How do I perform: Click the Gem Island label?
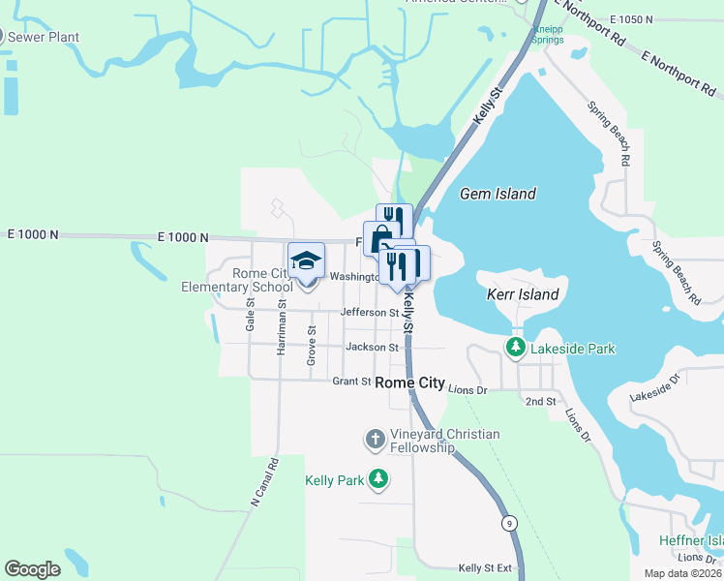(x=498, y=194)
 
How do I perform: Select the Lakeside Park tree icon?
(x=517, y=347)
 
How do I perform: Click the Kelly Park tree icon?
(x=378, y=479)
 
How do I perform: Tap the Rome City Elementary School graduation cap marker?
(x=307, y=262)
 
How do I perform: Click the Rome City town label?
(x=409, y=382)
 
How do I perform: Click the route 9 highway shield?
(x=509, y=524)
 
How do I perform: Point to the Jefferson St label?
(x=370, y=313)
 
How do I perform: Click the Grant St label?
(x=351, y=382)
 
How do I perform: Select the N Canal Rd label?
(x=264, y=481)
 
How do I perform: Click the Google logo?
(x=32, y=569)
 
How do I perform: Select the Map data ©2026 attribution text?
(x=682, y=573)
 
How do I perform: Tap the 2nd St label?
(x=540, y=401)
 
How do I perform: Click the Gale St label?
(x=250, y=315)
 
